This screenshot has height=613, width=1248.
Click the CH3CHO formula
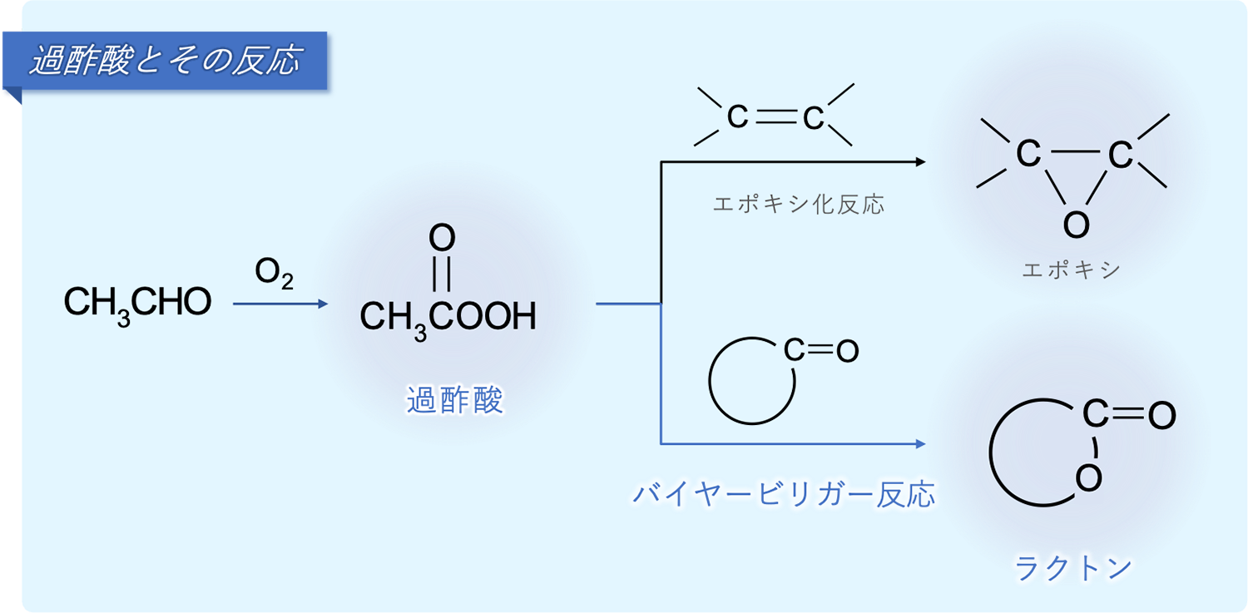[137, 304]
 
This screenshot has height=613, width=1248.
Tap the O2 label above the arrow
[274, 274]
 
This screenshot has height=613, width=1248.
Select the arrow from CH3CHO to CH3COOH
[281, 304]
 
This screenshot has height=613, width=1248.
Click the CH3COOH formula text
[448, 317]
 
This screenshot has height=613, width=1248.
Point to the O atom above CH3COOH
[442, 239]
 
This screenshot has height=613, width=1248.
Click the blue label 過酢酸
[454, 401]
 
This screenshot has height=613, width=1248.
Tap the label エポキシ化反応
[799, 205]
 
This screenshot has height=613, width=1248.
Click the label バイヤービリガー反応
[783, 494]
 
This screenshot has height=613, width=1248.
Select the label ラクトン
[1072, 568]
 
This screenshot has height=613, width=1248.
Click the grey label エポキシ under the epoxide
[1071, 270]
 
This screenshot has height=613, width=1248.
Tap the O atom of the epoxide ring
[1075, 223]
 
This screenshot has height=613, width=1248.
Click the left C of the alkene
[737, 117]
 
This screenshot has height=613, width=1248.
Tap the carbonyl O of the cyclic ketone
[847, 351]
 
